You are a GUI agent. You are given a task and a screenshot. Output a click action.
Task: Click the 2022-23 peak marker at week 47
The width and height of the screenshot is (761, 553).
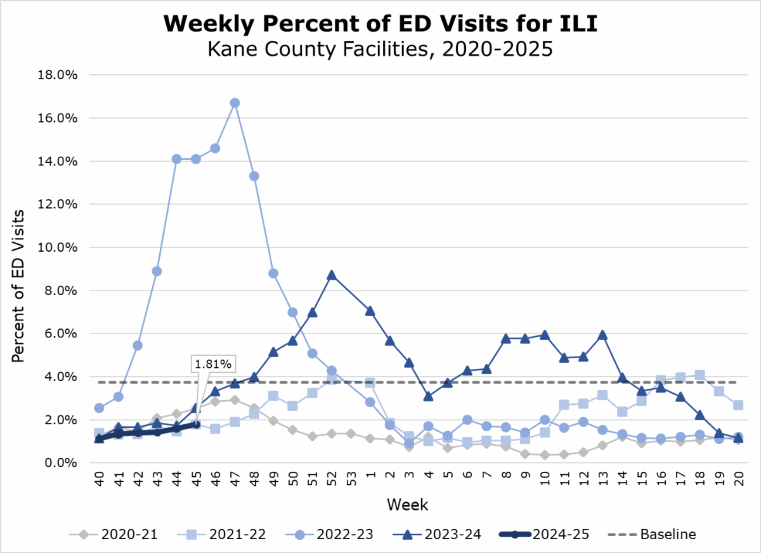tap(235, 103)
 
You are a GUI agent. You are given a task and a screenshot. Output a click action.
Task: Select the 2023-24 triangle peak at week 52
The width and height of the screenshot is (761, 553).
tap(331, 275)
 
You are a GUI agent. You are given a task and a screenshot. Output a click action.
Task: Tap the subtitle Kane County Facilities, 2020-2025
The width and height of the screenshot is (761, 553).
tap(380, 48)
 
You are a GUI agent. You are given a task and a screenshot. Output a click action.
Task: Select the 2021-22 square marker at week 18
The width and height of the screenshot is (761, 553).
tap(700, 375)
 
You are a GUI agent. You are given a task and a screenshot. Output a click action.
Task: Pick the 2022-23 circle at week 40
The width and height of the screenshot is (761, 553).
tap(99, 408)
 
